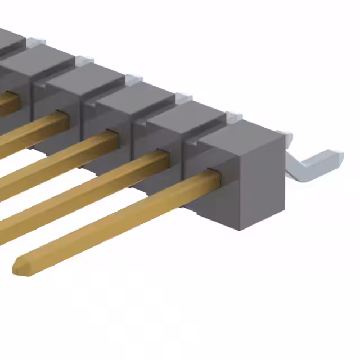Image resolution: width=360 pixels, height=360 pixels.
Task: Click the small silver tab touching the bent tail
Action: coord(285,135)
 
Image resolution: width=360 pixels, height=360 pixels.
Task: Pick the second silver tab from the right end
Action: coord(234,117)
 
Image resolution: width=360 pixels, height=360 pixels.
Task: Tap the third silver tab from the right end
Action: coord(184,98)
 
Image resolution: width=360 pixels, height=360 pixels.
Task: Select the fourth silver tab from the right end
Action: coord(134,80)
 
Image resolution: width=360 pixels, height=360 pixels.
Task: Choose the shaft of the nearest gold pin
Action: coord(112,220)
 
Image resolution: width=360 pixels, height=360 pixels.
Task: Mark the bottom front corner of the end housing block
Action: coord(240,228)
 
